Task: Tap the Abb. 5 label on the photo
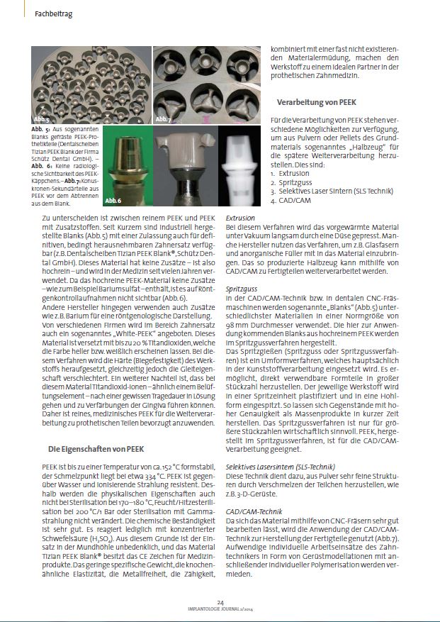click(x=40, y=118)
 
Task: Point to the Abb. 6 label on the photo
click(x=113, y=201)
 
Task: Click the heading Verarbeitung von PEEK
click(x=312, y=102)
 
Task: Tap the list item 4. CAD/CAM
click(x=290, y=200)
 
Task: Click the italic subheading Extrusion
click(x=240, y=218)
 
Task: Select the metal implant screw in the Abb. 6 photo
click(x=128, y=167)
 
